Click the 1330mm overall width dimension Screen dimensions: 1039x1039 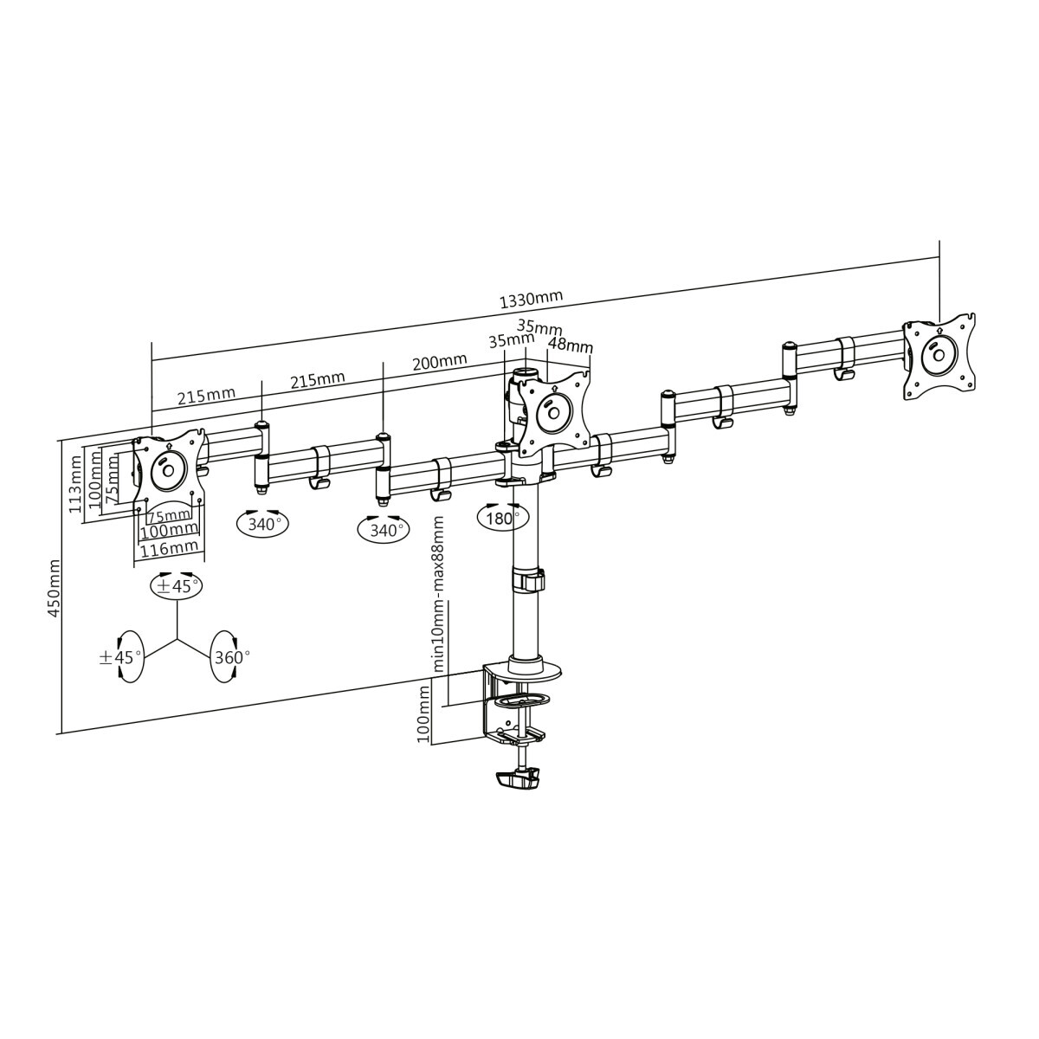(x=531, y=299)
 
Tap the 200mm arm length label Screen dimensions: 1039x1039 (x=440, y=361)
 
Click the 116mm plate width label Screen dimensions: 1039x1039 (x=170, y=549)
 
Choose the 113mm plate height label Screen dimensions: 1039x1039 (x=75, y=484)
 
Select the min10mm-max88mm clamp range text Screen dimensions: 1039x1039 (x=438, y=594)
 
